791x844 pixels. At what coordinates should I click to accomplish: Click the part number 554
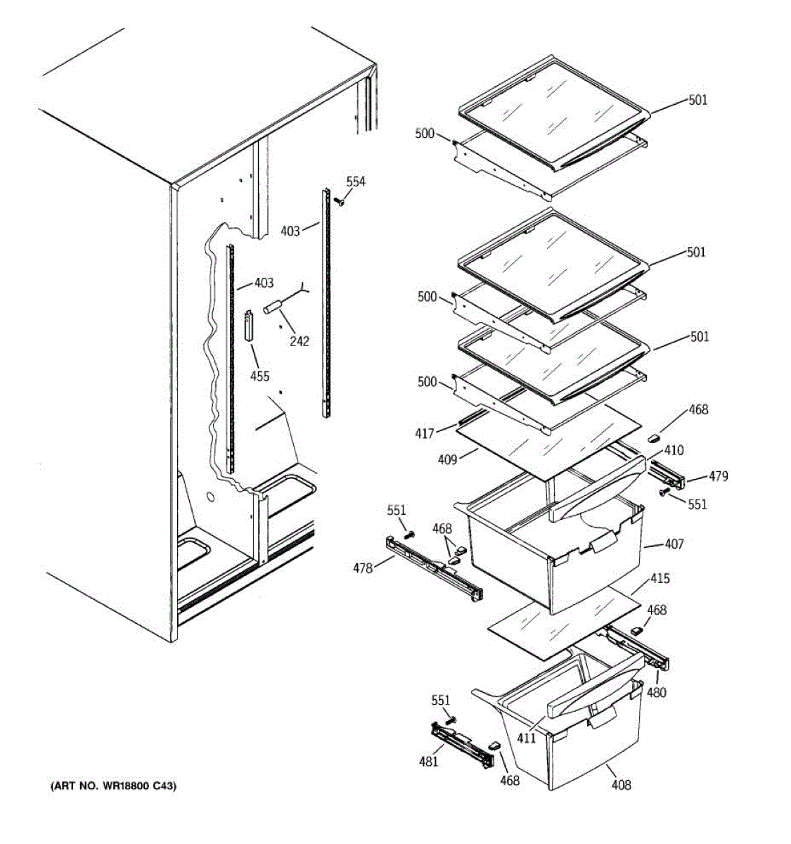click(356, 181)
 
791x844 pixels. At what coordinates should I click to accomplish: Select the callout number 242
click(300, 341)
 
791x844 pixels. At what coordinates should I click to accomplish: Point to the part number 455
click(259, 376)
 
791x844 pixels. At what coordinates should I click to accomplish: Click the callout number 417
click(425, 434)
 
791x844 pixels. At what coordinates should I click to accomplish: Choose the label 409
click(447, 459)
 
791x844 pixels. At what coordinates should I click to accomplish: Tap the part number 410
click(674, 450)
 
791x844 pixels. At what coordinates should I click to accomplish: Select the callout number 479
click(718, 476)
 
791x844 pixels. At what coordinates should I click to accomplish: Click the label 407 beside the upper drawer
click(674, 544)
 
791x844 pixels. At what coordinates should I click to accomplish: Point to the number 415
click(660, 579)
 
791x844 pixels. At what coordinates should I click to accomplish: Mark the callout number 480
click(657, 693)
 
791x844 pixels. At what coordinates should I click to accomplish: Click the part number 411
click(527, 738)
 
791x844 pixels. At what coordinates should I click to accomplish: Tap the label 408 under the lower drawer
click(621, 784)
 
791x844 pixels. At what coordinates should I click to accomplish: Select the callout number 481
click(428, 761)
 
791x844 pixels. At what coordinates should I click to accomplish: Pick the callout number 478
click(364, 568)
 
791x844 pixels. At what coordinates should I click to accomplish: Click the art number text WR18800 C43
click(112, 786)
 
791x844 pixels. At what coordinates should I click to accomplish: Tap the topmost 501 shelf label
click(697, 100)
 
